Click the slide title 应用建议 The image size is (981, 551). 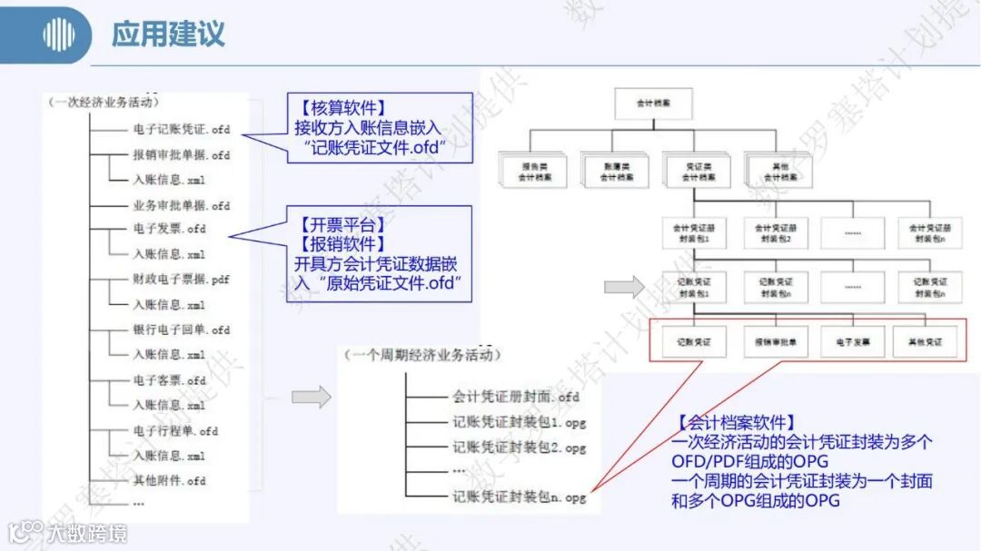click(168, 34)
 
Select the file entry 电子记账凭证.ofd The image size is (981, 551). click(182, 129)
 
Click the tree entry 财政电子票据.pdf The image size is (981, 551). click(182, 280)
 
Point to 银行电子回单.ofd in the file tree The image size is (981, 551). click(182, 330)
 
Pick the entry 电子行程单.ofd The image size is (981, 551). click(176, 430)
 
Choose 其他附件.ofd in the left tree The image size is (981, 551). click(170, 480)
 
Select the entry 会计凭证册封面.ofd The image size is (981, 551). click(516, 396)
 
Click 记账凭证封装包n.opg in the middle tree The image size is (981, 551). click(520, 497)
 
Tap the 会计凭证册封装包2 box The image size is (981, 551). click(776, 231)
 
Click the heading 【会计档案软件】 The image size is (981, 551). click(737, 422)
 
